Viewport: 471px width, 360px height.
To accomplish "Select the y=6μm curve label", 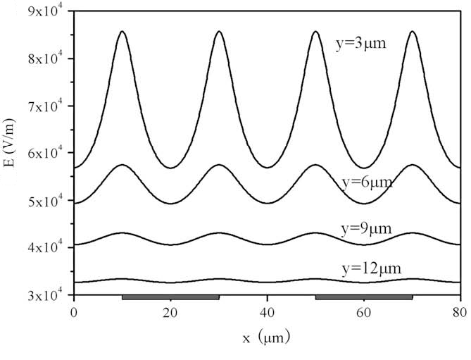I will pyautogui.click(x=366, y=182).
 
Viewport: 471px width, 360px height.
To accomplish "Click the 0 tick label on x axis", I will pyautogui.click(x=74, y=311).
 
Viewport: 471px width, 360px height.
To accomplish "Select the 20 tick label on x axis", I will pyautogui.click(x=170, y=311).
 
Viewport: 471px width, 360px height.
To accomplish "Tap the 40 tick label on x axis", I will pyautogui.click(x=267, y=311).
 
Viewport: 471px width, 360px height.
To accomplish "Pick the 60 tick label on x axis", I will pyautogui.click(x=363, y=311).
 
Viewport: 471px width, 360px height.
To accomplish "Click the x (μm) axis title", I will pyautogui.click(x=265, y=339).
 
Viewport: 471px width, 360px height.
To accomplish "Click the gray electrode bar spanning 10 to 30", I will pyautogui.click(x=170, y=297).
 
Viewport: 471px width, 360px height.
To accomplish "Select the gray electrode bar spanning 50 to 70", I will pyautogui.click(x=363, y=297).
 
